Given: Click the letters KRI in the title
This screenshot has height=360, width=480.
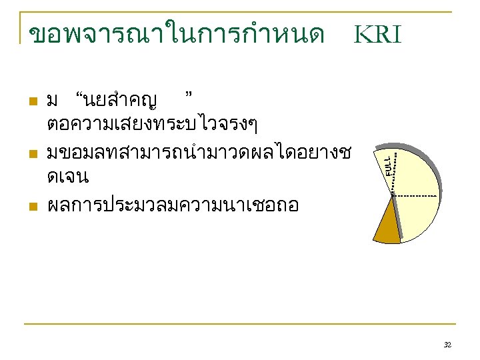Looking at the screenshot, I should pos(377,33).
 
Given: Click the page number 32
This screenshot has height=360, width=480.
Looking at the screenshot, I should pos(447,345).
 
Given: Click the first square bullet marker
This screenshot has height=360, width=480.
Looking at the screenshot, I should pos(31,102).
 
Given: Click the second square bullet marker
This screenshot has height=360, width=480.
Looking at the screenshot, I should pos(31,155).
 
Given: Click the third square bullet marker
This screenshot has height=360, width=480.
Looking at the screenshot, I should pos(31,207).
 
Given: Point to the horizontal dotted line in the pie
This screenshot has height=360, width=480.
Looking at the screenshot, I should pos(417,195).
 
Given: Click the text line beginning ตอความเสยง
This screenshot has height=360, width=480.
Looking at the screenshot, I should pos(153,125).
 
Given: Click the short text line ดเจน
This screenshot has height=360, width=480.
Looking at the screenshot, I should pos(68,178).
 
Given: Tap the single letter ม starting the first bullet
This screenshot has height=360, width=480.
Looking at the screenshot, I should pos(53,102).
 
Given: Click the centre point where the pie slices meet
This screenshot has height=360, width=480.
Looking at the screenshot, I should pos(393,195).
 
